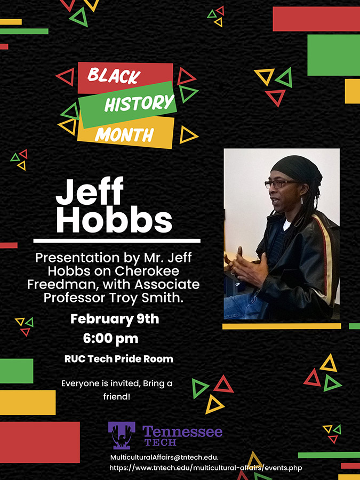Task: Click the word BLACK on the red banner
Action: pyautogui.click(x=114, y=76)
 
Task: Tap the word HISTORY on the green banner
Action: pyautogui.click(x=139, y=103)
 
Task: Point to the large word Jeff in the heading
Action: pyautogui.click(x=90, y=191)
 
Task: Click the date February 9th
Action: pyautogui.click(x=115, y=319)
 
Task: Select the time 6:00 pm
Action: pyautogui.click(x=110, y=339)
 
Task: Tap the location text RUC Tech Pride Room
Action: pyautogui.click(x=119, y=359)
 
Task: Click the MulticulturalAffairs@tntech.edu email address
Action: pyautogui.click(x=164, y=458)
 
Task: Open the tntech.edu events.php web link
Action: pyautogui.click(x=206, y=468)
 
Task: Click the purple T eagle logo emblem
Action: pyautogui.click(x=122, y=435)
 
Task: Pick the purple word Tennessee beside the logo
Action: pyautogui.click(x=182, y=431)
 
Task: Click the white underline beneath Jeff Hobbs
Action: pyautogui.click(x=117, y=241)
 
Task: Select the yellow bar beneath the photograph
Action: pyautogui.click(x=282, y=326)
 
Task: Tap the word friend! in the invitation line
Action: pyautogui.click(x=117, y=397)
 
